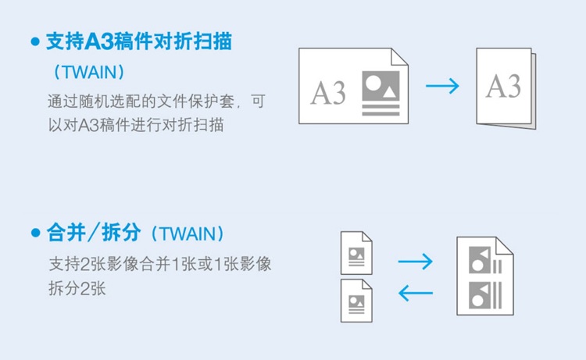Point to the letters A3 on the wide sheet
tap(328, 92)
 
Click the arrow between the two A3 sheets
tap(442, 86)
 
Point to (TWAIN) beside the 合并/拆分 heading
tap(187, 233)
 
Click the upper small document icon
tap(356, 251)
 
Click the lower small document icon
tap(356, 300)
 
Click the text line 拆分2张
tap(76, 287)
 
